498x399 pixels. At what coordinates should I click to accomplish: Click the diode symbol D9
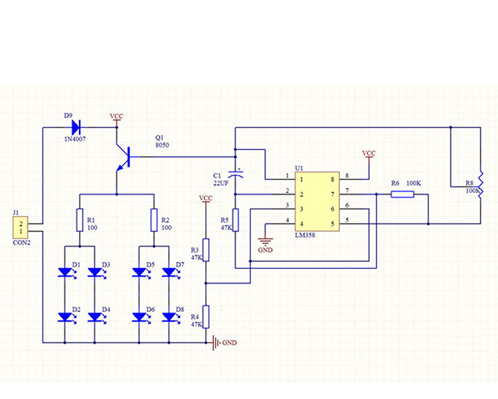(x=75, y=126)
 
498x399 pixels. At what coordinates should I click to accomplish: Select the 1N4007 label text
(x=76, y=138)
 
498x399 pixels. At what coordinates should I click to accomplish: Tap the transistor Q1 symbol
(x=123, y=158)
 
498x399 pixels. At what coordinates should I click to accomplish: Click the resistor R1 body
(x=80, y=219)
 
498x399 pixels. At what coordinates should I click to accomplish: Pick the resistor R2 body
(x=154, y=219)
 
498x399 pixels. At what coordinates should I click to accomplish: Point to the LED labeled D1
(x=65, y=272)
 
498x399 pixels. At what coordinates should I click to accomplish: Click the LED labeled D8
(x=169, y=318)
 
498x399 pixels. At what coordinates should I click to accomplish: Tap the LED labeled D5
(x=139, y=272)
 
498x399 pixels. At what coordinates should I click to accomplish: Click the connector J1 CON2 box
(x=22, y=227)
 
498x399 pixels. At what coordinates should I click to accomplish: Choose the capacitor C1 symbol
(x=235, y=174)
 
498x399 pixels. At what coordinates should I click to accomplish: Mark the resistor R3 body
(x=206, y=250)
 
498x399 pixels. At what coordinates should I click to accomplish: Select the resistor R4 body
(x=206, y=317)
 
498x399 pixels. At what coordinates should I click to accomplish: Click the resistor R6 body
(x=402, y=194)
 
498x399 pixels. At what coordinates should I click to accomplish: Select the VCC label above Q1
(x=117, y=116)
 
